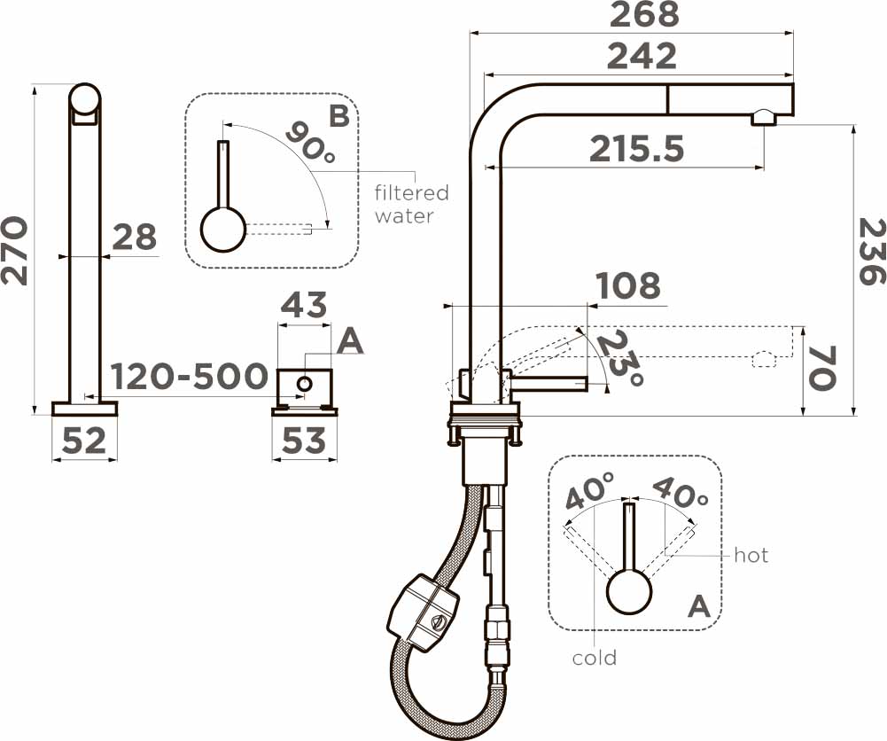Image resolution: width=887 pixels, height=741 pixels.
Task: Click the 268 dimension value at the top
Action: click(643, 14)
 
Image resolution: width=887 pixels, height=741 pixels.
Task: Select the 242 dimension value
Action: click(642, 56)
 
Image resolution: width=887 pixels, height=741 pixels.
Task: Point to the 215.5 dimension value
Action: click(636, 149)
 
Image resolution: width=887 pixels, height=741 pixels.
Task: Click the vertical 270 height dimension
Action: click(14, 250)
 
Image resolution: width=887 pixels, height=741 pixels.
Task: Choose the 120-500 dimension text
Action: click(189, 377)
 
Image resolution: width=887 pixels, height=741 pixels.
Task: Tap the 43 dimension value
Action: click(304, 304)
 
